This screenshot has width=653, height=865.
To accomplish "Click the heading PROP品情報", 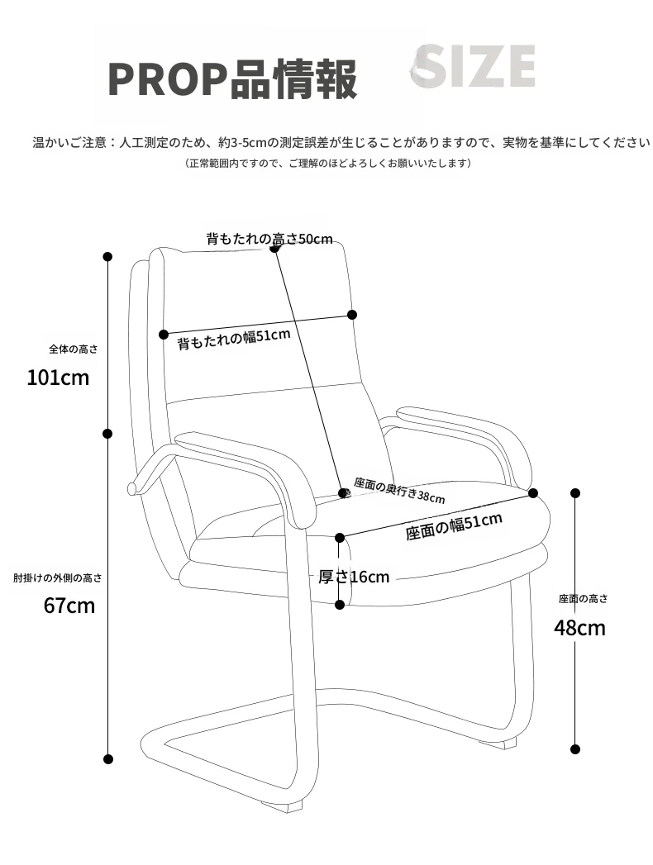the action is point(232,79).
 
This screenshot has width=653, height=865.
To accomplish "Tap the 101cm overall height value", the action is point(58,378).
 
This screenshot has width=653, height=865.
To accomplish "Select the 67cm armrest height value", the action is point(69,606).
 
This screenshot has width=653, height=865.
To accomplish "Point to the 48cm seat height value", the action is point(579,628).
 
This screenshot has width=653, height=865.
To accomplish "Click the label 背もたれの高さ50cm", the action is point(269,239).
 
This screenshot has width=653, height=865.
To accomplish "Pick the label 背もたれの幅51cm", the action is point(234,339).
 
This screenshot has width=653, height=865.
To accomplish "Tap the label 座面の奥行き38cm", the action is point(399,490).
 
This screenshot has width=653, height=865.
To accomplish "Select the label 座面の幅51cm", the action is point(454,526).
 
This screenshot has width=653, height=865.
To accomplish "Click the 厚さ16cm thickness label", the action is point(354,577).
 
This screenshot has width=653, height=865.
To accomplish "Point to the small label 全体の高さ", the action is point(74,349).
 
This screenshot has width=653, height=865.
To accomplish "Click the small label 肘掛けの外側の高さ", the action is point(58,578).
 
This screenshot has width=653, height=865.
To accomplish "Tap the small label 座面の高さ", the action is point(583,598).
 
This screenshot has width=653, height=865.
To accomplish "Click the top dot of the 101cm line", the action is point(107,256).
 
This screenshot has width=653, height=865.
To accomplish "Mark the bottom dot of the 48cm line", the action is point(575,749).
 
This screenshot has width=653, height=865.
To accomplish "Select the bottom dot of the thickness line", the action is point(340,605).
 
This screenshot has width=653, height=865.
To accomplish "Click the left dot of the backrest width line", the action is point(164,335).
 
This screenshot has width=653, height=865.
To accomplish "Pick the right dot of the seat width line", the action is point(533,493).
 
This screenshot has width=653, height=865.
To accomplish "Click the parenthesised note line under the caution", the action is point(329,164).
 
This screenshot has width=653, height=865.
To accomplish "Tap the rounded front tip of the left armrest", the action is point(131,489).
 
